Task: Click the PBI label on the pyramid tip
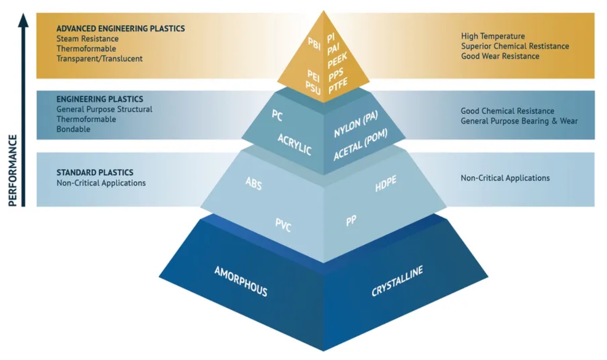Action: (314, 43)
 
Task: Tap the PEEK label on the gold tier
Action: (337, 61)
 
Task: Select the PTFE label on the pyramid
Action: (338, 86)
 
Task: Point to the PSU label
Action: (313, 87)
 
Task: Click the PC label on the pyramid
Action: (277, 115)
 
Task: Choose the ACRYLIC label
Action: (294, 144)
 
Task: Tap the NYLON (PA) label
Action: (356, 124)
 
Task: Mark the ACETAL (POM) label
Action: (360, 144)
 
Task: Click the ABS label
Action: (254, 184)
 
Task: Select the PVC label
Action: (283, 225)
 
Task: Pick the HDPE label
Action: (385, 184)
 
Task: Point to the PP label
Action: (351, 220)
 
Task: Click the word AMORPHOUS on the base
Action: (241, 281)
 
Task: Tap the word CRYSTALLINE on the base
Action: (397, 281)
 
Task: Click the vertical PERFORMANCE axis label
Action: (13, 170)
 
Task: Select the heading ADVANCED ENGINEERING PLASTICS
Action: (121, 29)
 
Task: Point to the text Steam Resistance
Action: (87, 39)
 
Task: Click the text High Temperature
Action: (493, 36)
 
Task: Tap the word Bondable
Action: (73, 129)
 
